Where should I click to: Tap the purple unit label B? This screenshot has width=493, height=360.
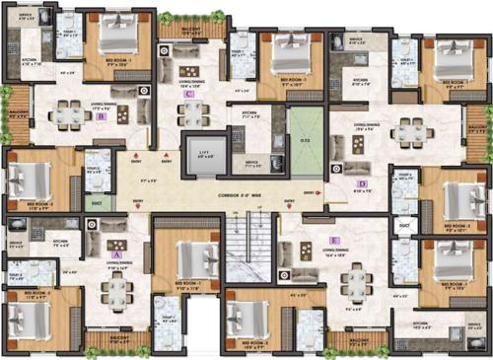pos(102,115)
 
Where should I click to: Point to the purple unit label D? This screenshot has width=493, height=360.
pos(362,184)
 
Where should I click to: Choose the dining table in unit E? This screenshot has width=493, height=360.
pos(354,281)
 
